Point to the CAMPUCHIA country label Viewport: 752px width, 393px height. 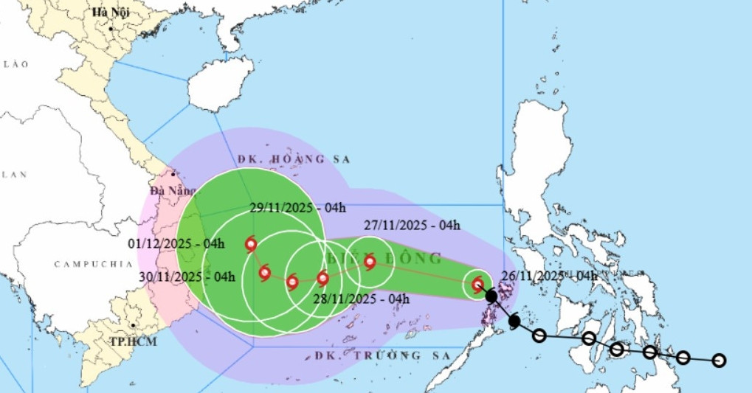87,263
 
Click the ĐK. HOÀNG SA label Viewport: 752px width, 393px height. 294,159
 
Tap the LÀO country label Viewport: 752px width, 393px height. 15,65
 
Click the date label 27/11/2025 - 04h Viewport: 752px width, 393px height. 412,226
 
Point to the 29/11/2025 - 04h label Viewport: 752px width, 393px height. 297,208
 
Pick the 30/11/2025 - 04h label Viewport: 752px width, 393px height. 187,277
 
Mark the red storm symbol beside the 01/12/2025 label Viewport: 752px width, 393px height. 251,244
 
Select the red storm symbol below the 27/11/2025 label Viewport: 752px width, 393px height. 370,261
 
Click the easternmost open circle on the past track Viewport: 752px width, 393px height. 719,361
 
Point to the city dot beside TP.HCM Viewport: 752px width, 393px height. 132,324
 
